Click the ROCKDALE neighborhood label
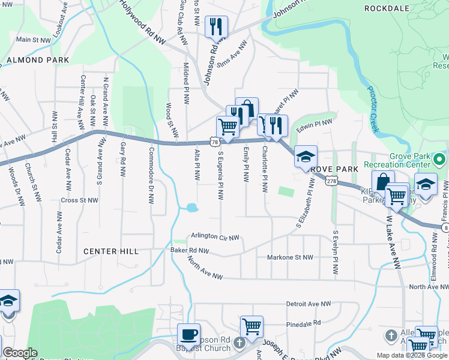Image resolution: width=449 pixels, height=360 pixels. pyautogui.click(x=388, y=8)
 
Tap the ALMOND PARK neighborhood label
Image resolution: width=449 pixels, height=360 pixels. pyautogui.click(x=34, y=61)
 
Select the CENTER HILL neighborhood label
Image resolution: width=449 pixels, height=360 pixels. pyautogui.click(x=111, y=251)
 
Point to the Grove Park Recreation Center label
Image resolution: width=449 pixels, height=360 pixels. pyautogui.click(x=406, y=160)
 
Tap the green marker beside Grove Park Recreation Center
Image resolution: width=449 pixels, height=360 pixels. pyautogui.click(x=439, y=160)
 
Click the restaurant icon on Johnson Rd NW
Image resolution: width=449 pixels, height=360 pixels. pyautogui.click(x=215, y=27)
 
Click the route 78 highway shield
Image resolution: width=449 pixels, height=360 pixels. pyautogui.click(x=214, y=141)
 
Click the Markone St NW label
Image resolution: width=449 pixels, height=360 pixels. pyautogui.click(x=290, y=257)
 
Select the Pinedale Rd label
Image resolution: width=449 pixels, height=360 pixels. pyautogui.click(x=304, y=323)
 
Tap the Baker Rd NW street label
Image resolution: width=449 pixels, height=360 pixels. pyautogui.click(x=190, y=250)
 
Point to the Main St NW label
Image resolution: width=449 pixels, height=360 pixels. pyautogui.click(x=32, y=40)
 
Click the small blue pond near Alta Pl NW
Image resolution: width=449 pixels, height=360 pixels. pyautogui.click(x=192, y=208)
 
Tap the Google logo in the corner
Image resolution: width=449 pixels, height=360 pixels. pyautogui.click(x=20, y=353)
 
